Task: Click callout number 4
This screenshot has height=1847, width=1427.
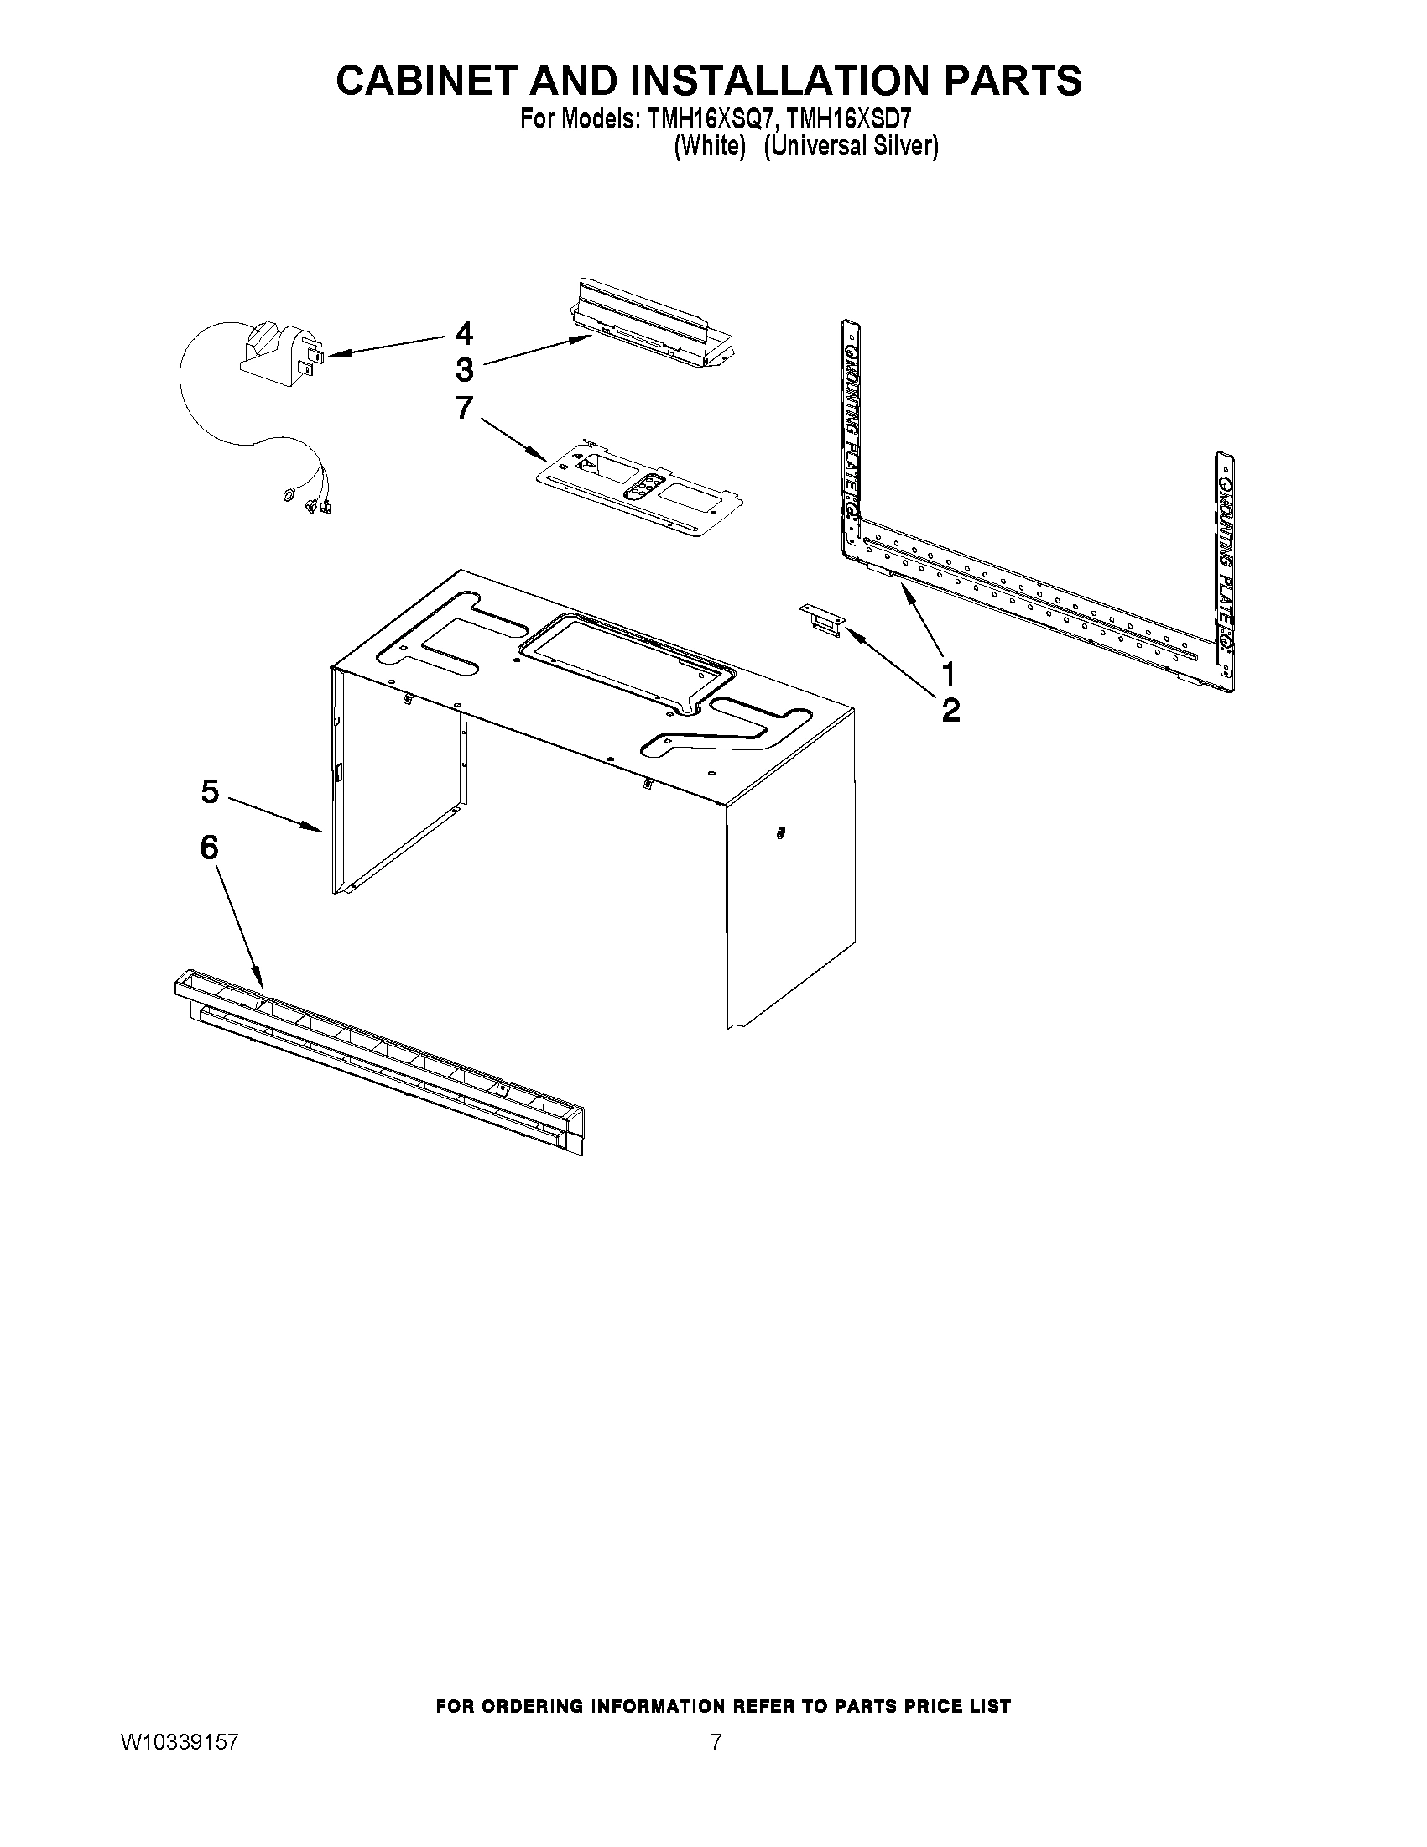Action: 463,333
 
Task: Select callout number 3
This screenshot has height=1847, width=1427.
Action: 464,370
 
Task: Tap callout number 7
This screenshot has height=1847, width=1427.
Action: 464,408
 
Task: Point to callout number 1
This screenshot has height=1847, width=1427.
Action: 950,675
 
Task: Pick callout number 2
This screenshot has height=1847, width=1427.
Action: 950,711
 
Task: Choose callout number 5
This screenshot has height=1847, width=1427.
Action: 210,792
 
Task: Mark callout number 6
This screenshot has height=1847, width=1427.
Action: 209,848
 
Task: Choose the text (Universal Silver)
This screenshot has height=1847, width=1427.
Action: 851,146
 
